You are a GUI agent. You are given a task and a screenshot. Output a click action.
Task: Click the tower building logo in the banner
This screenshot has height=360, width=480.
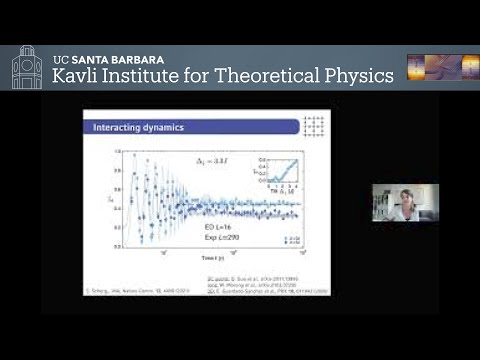26,67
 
